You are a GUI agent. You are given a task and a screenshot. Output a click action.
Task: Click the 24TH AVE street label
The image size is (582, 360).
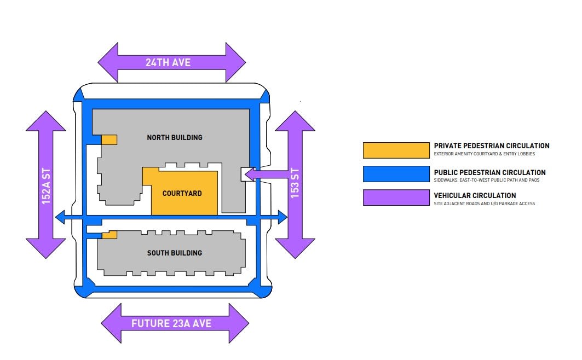pyautogui.click(x=168, y=62)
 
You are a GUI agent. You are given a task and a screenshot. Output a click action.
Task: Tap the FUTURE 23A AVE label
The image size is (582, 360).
pyautogui.click(x=171, y=323)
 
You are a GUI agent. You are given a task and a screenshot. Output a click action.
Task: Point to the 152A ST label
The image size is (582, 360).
pyautogui.click(x=46, y=185)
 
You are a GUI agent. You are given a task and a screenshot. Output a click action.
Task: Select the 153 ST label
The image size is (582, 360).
pyautogui.click(x=295, y=185)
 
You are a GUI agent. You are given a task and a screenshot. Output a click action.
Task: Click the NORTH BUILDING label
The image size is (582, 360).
pyautogui.click(x=175, y=137)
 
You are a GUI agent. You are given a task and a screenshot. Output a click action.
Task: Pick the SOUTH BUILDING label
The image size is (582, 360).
pyautogui.click(x=175, y=253)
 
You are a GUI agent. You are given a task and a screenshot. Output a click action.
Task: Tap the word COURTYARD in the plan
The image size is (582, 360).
pyautogui.click(x=182, y=193)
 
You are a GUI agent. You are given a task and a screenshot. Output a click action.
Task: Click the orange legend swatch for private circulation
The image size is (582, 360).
pyautogui.click(x=396, y=150)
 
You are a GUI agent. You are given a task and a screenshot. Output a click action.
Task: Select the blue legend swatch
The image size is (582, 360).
pyautogui.click(x=396, y=174)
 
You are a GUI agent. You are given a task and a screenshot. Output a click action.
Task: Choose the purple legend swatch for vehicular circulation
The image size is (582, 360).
pyautogui.click(x=396, y=198)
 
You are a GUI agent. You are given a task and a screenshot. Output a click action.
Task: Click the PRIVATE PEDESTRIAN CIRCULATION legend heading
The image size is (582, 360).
pyautogui.click(x=491, y=146)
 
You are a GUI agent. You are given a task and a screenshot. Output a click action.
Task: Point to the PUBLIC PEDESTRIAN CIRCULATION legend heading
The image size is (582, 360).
pyautogui.click(x=489, y=172)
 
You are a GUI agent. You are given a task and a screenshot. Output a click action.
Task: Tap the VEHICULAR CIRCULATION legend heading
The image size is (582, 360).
pyautogui.click(x=475, y=195)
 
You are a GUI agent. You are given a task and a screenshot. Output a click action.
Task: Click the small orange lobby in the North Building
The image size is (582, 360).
pyautogui.click(x=109, y=140)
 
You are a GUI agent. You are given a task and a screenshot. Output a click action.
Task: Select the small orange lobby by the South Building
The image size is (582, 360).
pyautogui.click(x=110, y=235)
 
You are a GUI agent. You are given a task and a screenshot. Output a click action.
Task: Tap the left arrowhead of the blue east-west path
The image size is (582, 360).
pyautogui.click(x=60, y=218)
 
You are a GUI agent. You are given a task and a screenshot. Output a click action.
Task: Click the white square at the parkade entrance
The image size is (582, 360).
pyautogui.click(x=247, y=174)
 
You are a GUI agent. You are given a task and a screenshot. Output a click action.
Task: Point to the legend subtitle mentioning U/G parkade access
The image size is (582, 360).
pyautogui.click(x=484, y=204)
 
